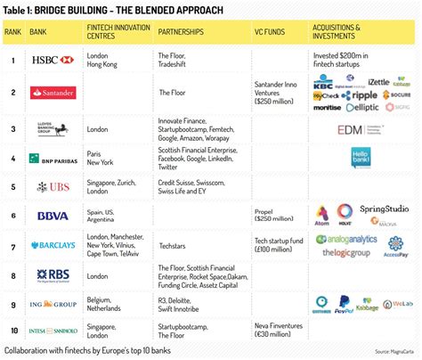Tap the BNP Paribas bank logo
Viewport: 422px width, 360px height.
[x=52, y=160]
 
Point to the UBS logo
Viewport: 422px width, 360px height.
[x=52, y=188]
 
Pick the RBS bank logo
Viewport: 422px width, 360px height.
[x=52, y=276]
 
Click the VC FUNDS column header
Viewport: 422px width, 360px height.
[x=271, y=33]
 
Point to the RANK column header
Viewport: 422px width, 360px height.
[x=13, y=33]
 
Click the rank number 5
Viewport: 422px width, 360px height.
[x=12, y=188]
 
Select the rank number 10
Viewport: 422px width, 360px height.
[x=12, y=332]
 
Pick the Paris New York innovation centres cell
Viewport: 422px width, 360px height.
[x=98, y=160]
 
